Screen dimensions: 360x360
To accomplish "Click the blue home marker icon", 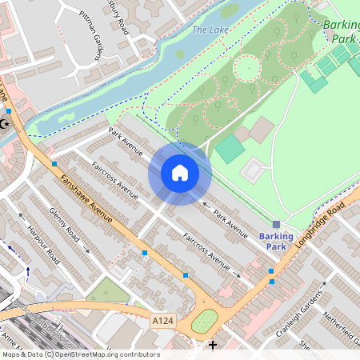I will tap(180, 173).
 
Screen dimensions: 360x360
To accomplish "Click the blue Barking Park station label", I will tap(276, 241).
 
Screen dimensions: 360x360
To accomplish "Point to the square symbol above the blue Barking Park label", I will tap(276, 225).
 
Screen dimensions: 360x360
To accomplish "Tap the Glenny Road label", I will tap(66, 228).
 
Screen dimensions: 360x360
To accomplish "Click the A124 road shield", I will tap(162, 320).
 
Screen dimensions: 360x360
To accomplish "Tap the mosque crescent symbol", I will tap(7, 124).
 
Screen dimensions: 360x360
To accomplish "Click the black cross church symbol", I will tap(212, 345).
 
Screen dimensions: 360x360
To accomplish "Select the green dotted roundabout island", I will tap(206, 321).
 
